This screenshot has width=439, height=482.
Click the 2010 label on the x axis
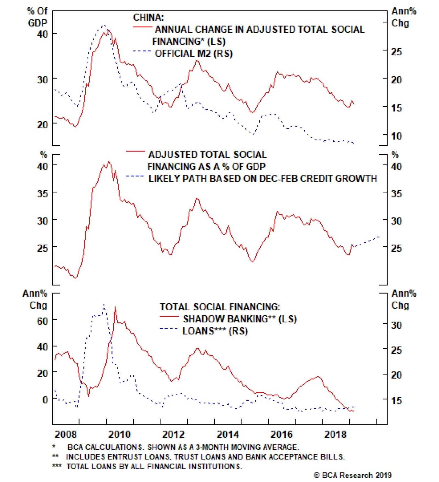pos(119,434)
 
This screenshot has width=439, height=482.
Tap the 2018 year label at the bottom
pos(335,434)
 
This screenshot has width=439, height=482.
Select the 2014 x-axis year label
pos(228,434)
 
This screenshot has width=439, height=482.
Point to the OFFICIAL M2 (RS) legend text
pos(193,53)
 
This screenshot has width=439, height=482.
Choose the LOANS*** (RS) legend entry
pos(215,331)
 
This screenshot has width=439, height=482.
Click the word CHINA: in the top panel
pos(148,18)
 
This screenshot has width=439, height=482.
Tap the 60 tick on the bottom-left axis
pos(43,321)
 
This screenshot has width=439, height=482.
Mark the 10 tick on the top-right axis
pos(396,136)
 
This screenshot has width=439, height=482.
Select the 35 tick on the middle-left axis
pos(43,194)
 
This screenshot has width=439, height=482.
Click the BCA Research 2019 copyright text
pos(353,475)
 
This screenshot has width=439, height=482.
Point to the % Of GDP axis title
pos(37,17)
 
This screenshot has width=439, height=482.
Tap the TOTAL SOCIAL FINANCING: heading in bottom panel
pos(220,307)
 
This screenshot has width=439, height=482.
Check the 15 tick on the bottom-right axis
pos(396,401)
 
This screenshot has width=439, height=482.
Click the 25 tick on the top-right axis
pos(396,52)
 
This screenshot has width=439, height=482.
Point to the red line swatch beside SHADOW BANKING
pos(169,317)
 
